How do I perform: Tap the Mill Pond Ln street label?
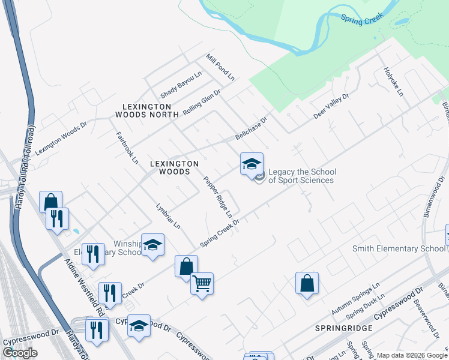[x=220, y=67]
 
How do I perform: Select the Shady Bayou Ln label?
[x=181, y=85]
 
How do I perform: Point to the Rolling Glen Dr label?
[x=202, y=103]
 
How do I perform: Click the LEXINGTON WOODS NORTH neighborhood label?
[x=147, y=110]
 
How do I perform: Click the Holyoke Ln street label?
[x=393, y=82]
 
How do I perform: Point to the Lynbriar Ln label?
[x=168, y=215]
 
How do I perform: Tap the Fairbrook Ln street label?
[x=127, y=149]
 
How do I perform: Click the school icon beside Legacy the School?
[x=252, y=163]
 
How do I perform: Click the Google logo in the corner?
[x=20, y=352]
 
